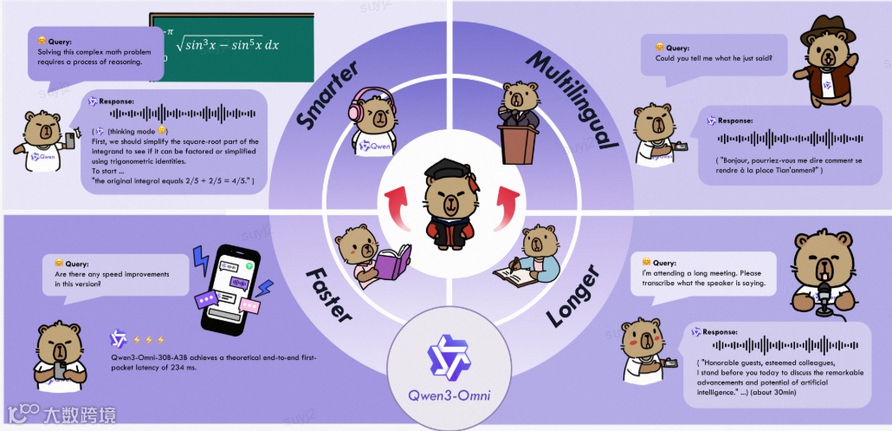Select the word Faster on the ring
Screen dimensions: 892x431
tap(328, 294)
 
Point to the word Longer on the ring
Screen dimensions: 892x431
tap(572, 300)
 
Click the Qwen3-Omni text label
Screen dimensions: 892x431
tap(445, 397)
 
